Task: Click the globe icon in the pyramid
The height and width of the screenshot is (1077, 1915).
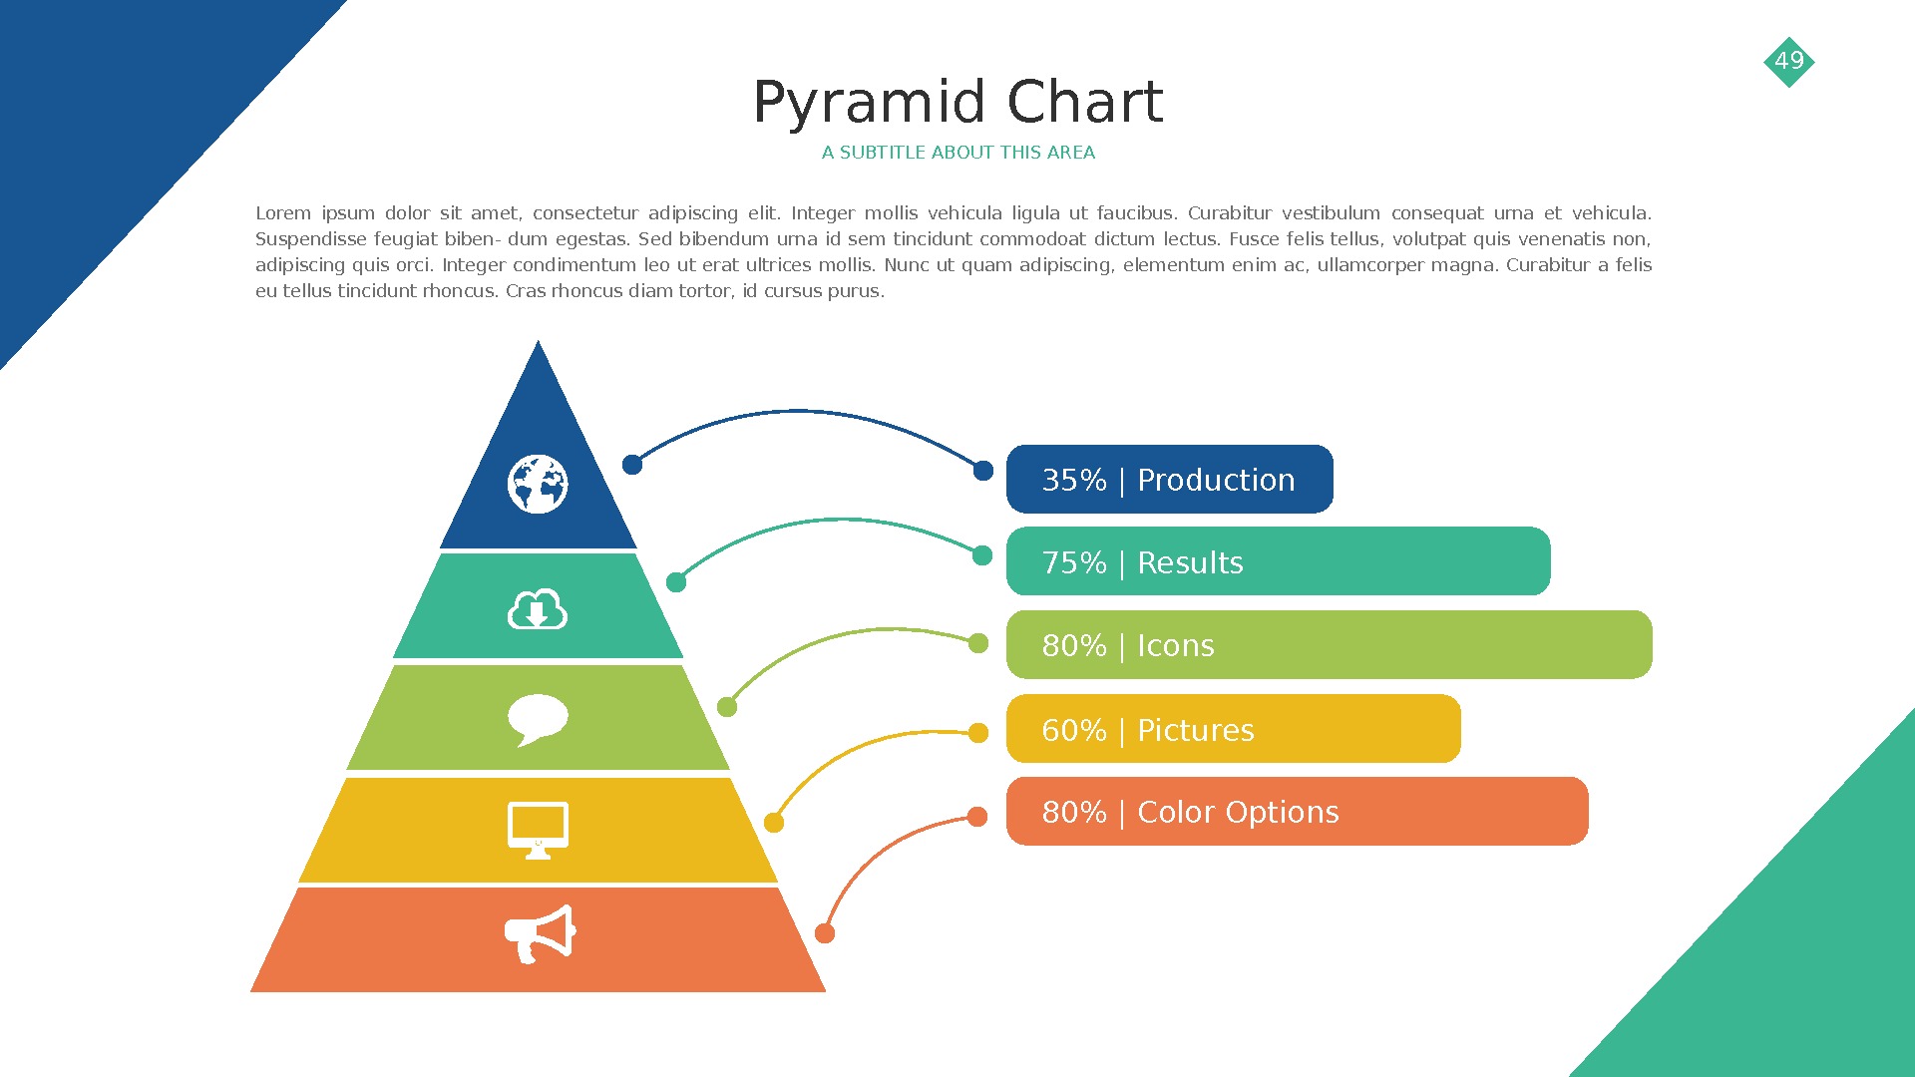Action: pos(538,485)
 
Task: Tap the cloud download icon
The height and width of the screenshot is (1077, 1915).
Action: pos(538,610)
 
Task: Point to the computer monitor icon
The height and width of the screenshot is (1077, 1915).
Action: pos(538,829)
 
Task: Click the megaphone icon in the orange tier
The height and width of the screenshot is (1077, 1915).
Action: pos(541,934)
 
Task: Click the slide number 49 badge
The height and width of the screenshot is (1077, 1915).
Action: pos(1788,61)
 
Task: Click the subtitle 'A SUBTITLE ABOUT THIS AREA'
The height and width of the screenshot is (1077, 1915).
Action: pos(957,153)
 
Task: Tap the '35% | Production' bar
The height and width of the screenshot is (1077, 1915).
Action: pos(1169,480)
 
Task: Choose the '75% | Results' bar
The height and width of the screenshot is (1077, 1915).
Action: pos(1278,562)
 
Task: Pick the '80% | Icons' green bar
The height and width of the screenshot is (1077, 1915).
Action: pos(1329,645)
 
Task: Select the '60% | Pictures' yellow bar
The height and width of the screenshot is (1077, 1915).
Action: pos(1233,729)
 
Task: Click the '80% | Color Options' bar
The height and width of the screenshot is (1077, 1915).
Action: pos(1297,812)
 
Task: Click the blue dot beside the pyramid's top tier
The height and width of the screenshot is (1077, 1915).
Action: pos(632,464)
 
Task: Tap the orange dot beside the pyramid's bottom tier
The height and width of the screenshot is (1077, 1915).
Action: pos(825,933)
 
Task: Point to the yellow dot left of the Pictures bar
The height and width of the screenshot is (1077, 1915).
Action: pos(978,733)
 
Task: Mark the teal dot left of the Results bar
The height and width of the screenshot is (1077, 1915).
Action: pos(982,555)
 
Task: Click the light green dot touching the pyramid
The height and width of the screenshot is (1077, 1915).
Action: pos(727,707)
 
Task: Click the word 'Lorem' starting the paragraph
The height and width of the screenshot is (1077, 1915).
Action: pos(283,213)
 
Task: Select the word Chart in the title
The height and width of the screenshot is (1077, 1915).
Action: pos(1084,103)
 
